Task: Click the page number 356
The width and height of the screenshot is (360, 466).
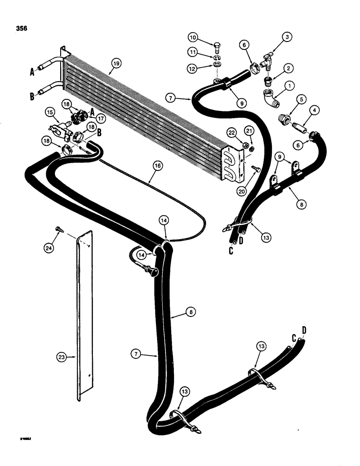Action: click(x=21, y=28)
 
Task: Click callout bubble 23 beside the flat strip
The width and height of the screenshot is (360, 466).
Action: click(x=61, y=357)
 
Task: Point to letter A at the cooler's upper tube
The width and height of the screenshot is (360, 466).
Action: click(x=33, y=72)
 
